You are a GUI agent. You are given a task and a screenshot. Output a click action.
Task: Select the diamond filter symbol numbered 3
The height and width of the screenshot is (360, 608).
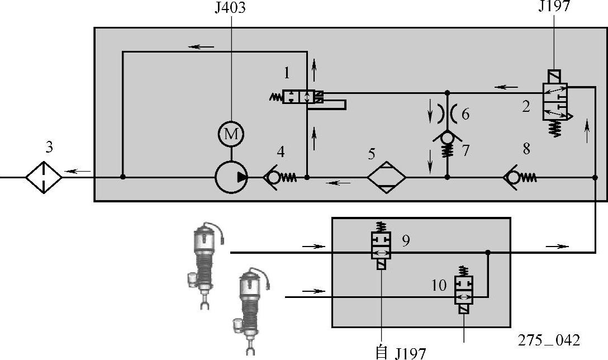(44, 177)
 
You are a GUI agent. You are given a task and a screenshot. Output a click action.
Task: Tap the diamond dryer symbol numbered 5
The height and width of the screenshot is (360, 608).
(387, 178)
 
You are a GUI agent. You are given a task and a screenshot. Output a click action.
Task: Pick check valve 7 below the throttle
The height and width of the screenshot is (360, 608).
(446, 141)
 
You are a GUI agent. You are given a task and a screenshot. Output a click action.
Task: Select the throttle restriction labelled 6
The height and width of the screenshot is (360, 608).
(446, 114)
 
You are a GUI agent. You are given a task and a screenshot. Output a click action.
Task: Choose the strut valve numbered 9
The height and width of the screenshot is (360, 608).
(382, 247)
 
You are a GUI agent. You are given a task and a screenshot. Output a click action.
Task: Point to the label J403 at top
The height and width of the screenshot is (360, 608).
(230, 8)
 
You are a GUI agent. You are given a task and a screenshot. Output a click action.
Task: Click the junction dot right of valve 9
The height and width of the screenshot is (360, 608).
(488, 252)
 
